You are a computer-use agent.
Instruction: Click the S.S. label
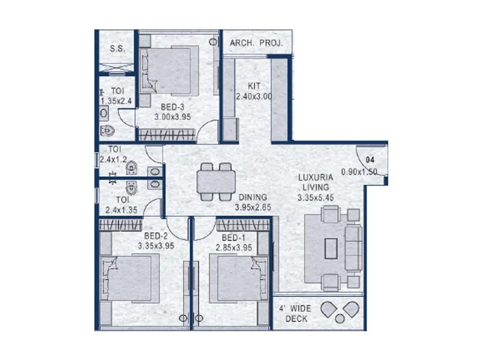(116, 49)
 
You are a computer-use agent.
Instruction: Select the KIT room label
(254, 86)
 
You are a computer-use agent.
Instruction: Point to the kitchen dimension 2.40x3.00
(254, 96)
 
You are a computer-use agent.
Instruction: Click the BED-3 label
(172, 107)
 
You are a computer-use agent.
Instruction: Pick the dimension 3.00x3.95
(172, 118)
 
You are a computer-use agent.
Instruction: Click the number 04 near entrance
(371, 160)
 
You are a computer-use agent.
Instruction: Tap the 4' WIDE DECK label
(293, 313)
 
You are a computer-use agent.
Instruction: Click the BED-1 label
(233, 237)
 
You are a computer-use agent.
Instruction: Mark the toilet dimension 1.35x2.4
(118, 101)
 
